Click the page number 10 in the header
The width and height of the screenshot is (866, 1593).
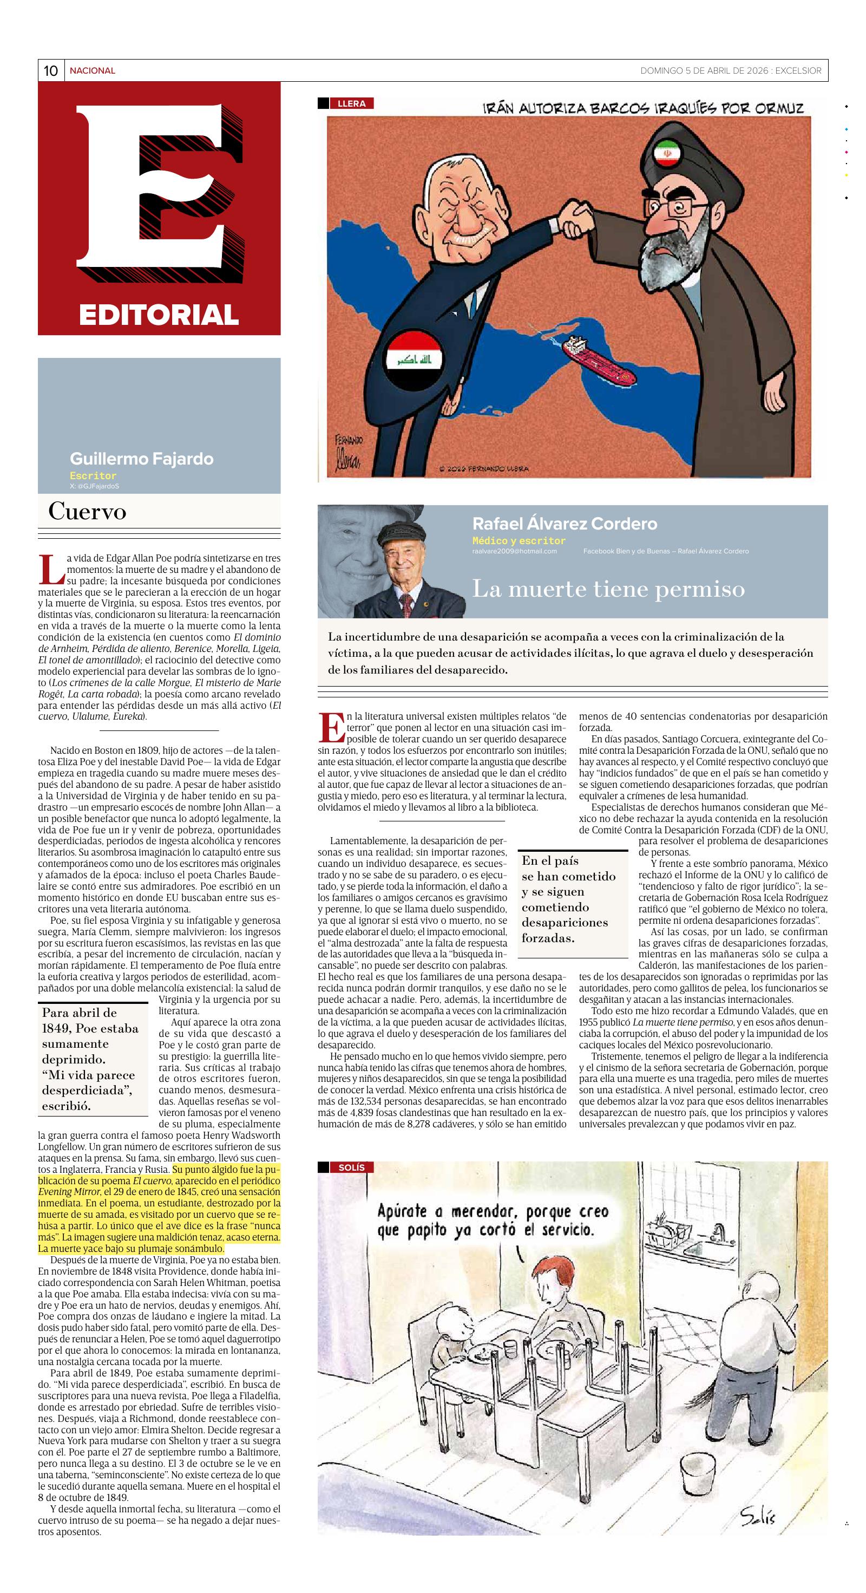tap(50, 71)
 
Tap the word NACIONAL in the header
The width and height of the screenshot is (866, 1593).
tap(92, 71)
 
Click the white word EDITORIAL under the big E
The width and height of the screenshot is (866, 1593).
tap(159, 315)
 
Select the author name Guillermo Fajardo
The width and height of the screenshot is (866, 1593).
tap(142, 459)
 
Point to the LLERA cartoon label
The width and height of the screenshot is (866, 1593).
tap(351, 104)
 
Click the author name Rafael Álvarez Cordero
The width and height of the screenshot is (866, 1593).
tap(565, 524)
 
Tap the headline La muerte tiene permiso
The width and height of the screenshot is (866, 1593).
tap(608, 589)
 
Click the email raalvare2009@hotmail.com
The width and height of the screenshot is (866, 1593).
tap(514, 551)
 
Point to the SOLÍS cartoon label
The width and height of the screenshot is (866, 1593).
tap(351, 1167)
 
